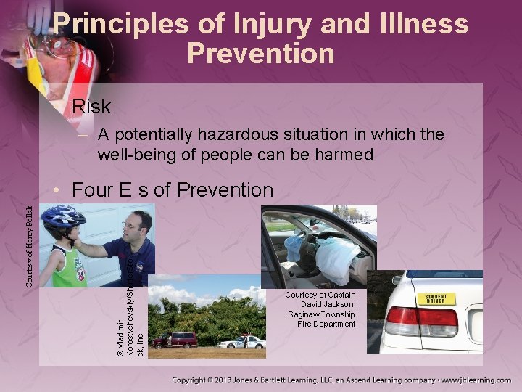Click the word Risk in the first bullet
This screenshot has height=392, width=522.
pyautogui.click(x=91, y=107)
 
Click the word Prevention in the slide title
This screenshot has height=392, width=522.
pyautogui.click(x=260, y=53)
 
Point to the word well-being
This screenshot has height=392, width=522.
pyautogui.click(x=137, y=155)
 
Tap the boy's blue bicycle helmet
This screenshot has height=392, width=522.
pyautogui.click(x=63, y=219)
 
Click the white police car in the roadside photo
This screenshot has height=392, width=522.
pyautogui.click(x=241, y=342)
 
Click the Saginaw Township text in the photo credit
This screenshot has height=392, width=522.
pyautogui.click(x=320, y=314)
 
